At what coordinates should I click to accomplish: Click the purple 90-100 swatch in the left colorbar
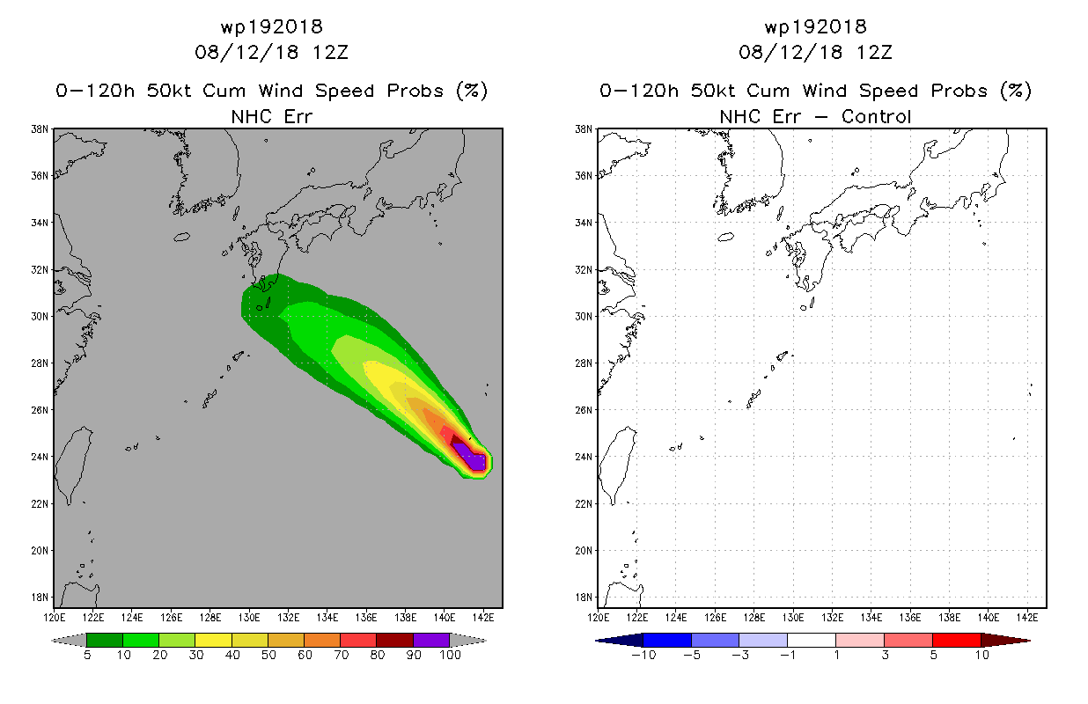pos(431,640)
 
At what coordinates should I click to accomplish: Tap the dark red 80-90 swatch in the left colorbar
pos(395,640)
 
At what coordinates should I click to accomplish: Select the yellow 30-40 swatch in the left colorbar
pos(213,640)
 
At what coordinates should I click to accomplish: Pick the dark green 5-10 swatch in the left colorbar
pos(105,640)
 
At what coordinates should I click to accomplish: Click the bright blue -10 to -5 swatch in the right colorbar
pos(667,640)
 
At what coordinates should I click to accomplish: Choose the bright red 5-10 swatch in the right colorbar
pos(957,640)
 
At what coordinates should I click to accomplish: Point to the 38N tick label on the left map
pos(40,129)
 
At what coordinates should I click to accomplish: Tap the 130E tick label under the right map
pos(793,618)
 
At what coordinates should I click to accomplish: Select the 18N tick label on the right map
pos(584,598)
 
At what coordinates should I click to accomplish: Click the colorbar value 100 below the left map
pos(450,655)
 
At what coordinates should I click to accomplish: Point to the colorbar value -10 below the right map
pos(643,655)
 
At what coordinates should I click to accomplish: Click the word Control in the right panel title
pos(876,116)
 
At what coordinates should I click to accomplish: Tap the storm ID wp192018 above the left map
pos(272,26)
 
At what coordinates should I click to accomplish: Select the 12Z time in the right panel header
pos(874,53)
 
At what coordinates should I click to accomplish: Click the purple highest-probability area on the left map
pos(470,457)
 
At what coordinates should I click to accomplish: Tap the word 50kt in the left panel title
pos(169,91)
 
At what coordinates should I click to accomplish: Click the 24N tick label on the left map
pos(40,457)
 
